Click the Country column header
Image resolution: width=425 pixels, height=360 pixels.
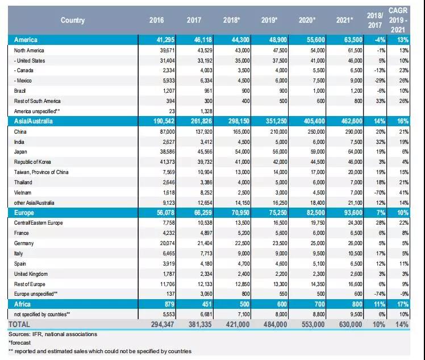[x=72, y=20]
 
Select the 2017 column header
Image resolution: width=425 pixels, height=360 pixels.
[x=194, y=20]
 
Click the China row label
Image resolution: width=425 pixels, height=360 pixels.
[x=21, y=131]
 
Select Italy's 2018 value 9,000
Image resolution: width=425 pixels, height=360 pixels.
[x=235, y=253]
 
